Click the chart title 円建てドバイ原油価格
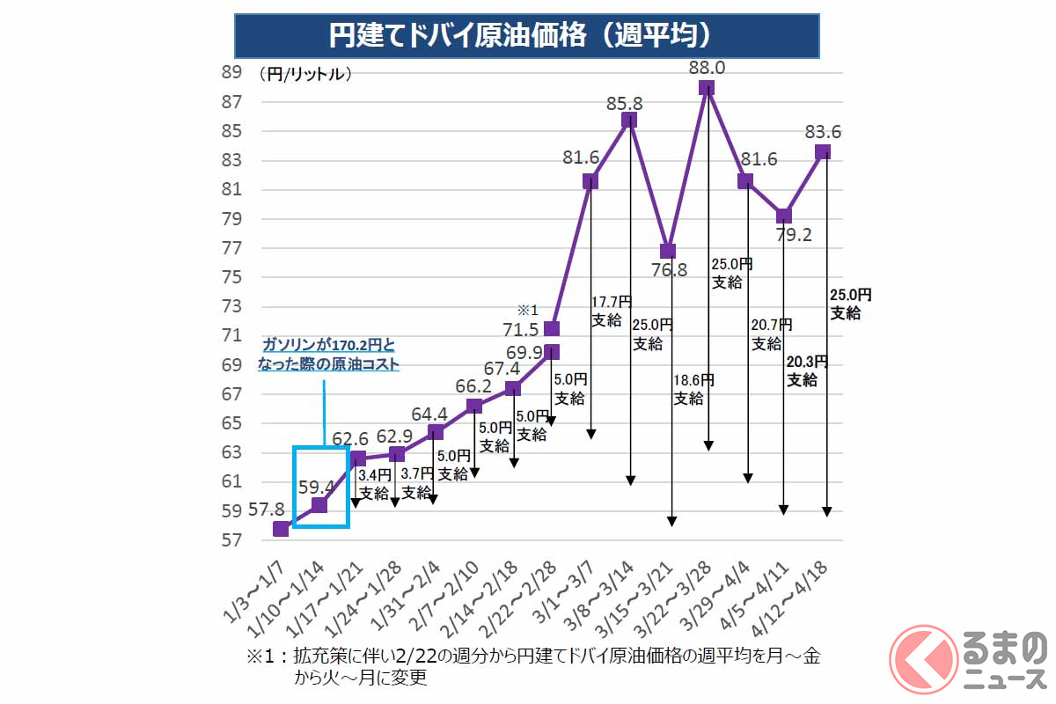pyautogui.click(x=526, y=35)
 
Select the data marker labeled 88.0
pyautogui.click(x=707, y=87)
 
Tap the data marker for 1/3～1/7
pyautogui.click(x=281, y=529)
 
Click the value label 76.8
pyautogui.click(x=668, y=269)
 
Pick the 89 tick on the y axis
pyautogui.click(x=231, y=73)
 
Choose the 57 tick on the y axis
pyautogui.click(x=231, y=539)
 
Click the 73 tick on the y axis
pyautogui.click(x=231, y=306)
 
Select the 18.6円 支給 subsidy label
pyautogui.click(x=694, y=389)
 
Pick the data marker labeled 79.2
pyautogui.click(x=784, y=216)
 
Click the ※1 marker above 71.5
pyautogui.click(x=527, y=310)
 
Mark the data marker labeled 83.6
pyautogui.click(x=823, y=151)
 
